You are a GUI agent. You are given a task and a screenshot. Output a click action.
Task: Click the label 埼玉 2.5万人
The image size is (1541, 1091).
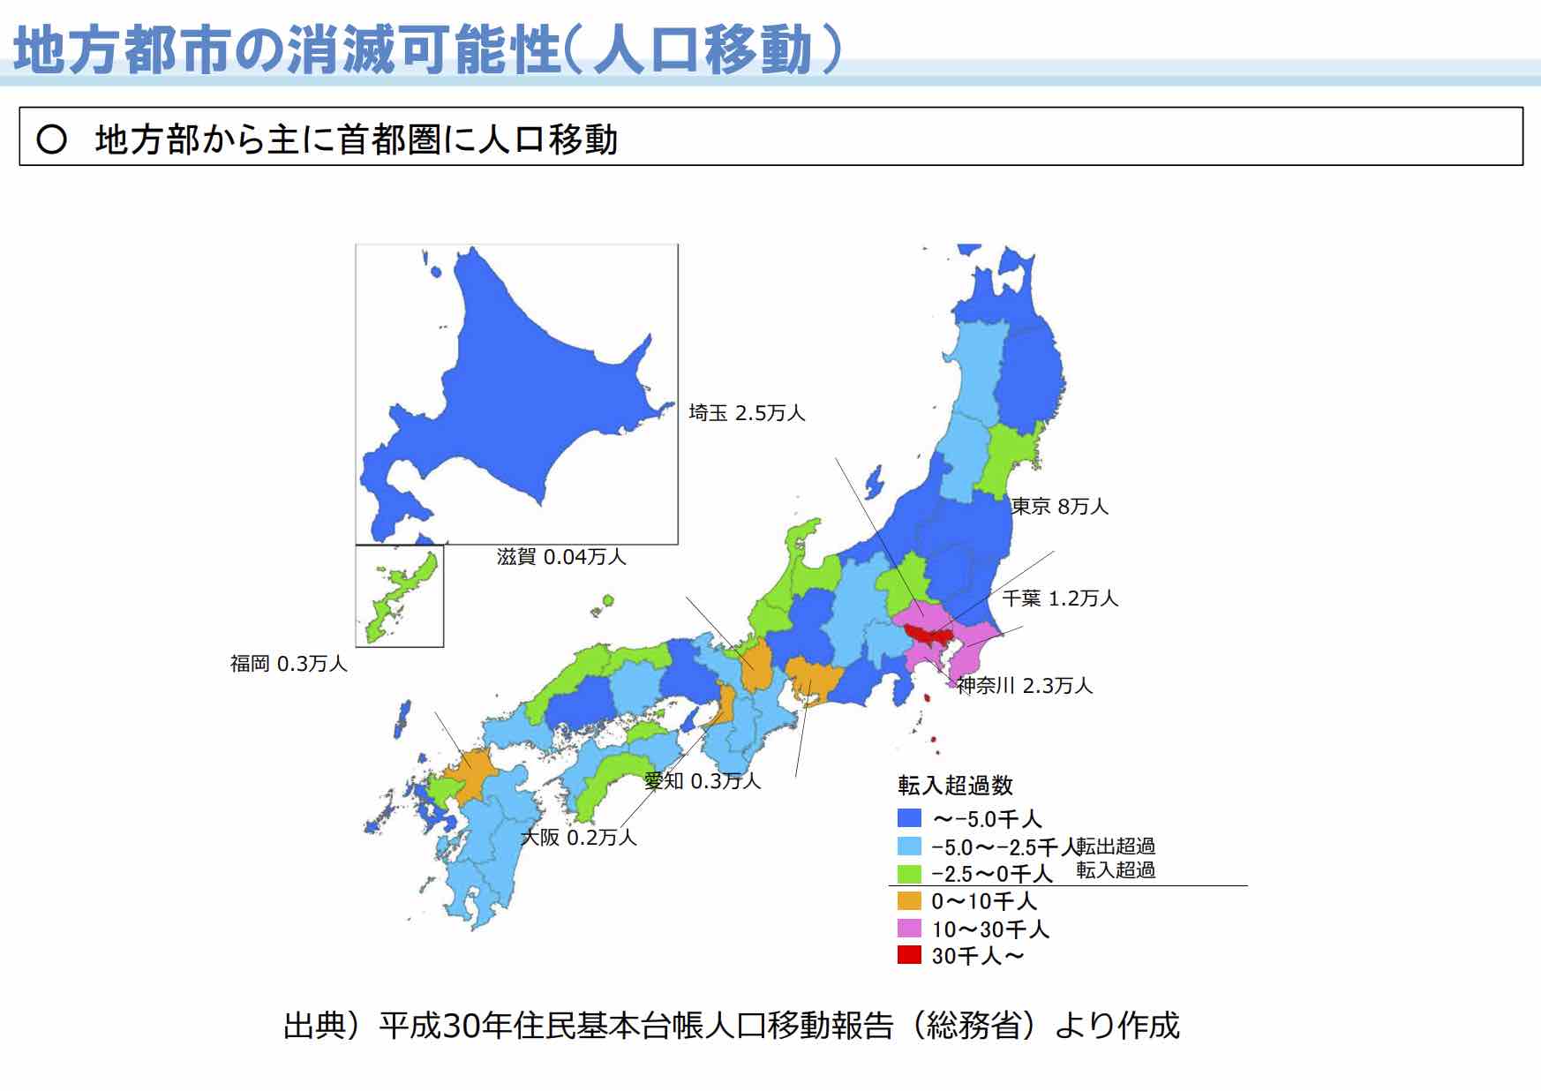747,413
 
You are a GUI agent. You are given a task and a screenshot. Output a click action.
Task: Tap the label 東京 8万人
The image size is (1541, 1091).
1059,507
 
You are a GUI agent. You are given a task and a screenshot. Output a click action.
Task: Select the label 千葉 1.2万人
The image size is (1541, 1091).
1060,598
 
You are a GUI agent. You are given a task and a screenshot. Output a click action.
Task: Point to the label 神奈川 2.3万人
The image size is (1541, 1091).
1025,686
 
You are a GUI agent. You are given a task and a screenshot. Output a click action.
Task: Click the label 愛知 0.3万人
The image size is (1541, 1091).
703,781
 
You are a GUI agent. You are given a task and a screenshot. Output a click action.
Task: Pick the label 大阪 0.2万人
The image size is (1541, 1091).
578,838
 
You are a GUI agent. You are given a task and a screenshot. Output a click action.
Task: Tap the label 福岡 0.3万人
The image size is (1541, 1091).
289,664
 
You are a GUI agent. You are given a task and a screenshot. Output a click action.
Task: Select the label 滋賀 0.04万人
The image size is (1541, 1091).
561,557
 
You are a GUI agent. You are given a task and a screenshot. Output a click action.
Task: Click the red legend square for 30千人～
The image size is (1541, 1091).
909,955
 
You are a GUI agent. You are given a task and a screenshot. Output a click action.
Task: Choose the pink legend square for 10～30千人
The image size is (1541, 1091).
909,929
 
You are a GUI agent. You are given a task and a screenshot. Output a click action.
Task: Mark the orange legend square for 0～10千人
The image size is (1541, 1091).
909,901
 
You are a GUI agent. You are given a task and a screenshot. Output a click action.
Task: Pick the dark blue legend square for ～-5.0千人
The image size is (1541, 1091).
909,818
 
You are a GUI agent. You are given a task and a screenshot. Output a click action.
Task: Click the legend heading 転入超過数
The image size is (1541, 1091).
955,785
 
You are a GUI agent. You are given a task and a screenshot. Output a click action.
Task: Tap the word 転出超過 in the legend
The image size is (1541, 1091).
1116,846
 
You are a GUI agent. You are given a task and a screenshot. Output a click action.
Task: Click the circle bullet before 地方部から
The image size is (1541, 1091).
52,139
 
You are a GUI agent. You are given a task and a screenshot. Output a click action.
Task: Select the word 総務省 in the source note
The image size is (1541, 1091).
974,1026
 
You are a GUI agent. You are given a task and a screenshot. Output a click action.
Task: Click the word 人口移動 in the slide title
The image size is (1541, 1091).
703,50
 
